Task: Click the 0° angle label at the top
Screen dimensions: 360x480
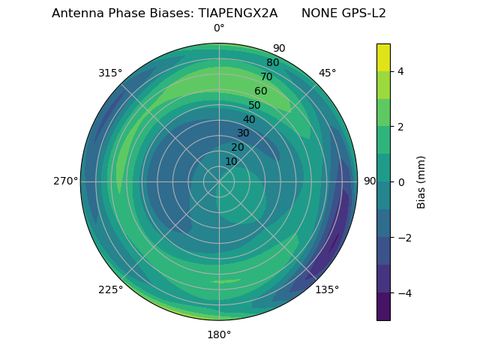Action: point(219,28)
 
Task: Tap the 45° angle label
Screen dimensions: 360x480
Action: point(327,73)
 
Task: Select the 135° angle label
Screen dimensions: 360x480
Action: point(327,289)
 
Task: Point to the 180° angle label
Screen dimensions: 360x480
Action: point(219,334)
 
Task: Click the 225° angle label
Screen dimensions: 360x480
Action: point(110,289)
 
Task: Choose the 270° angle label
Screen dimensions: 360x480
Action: point(65,181)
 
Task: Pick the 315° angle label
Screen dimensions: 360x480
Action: point(110,73)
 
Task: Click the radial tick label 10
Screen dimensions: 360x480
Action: point(231,162)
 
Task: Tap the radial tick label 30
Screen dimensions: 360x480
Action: point(243,133)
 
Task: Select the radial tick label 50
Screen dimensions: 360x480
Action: point(255,106)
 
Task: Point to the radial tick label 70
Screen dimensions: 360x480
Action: point(266,77)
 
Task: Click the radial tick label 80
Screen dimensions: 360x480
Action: point(272,63)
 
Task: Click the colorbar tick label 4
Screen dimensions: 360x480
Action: point(400,71)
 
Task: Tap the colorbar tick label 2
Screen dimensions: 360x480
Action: point(400,127)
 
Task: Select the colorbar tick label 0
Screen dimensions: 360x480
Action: point(400,182)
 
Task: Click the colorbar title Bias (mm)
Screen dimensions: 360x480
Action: point(421,182)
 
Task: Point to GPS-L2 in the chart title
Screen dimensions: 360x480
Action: point(361,13)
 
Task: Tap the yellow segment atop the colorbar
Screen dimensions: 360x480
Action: point(383,58)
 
